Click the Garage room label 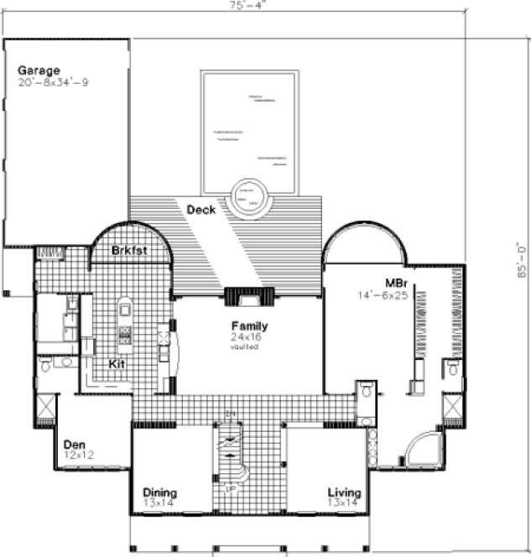click(39, 70)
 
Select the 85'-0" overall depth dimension click(522, 259)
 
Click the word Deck click(201, 210)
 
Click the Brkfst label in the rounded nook click(130, 250)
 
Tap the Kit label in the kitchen click(117, 364)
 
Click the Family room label click(250, 326)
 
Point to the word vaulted click(246, 346)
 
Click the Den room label click(74, 444)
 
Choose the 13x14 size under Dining click(159, 503)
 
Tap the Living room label click(345, 492)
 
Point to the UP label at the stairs click(228, 486)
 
